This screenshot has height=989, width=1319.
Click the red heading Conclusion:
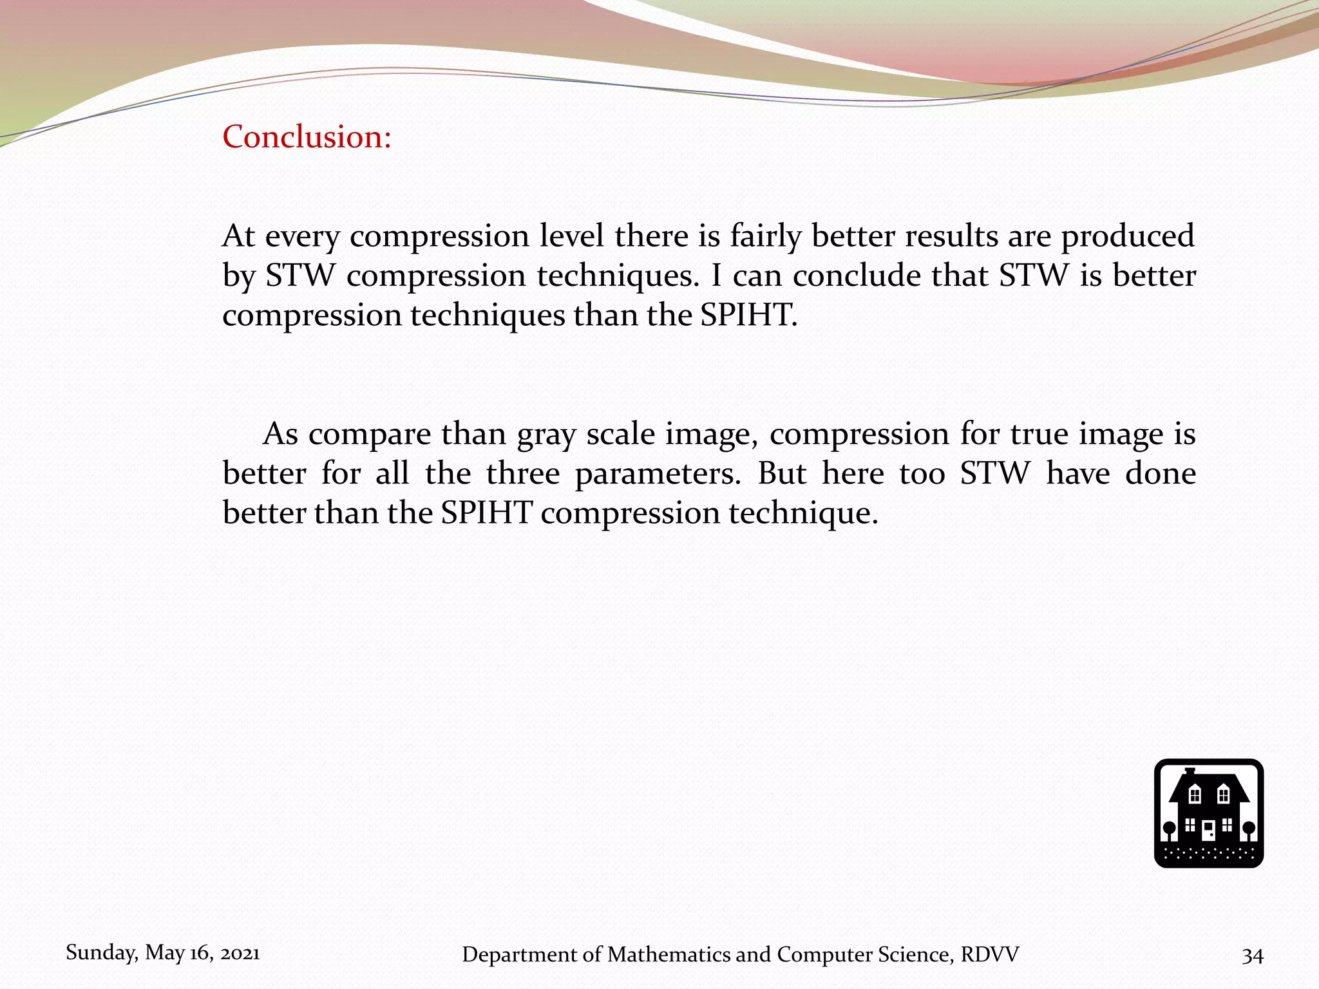307,137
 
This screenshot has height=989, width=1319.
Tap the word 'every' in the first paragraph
301,237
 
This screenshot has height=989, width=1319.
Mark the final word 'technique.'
804,514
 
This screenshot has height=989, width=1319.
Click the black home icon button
1208,813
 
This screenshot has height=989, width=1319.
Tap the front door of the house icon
1208,831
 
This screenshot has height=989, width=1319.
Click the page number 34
1253,956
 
